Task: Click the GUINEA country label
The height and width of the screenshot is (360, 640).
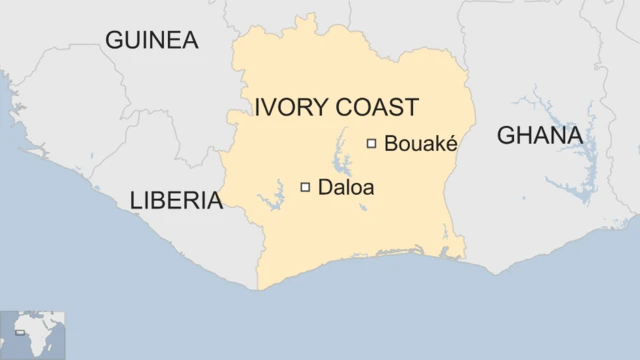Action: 152,41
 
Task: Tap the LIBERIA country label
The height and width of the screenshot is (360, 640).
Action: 176,201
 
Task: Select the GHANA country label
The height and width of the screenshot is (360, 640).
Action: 540,135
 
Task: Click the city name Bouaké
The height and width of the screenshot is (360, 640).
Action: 420,144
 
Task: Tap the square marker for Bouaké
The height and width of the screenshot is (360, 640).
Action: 371,143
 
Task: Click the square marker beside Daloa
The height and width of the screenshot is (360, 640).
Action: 305,186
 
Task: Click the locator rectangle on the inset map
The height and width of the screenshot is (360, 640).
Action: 20,331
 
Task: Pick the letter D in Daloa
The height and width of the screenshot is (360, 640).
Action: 324,186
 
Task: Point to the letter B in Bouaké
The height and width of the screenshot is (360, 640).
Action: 390,144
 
